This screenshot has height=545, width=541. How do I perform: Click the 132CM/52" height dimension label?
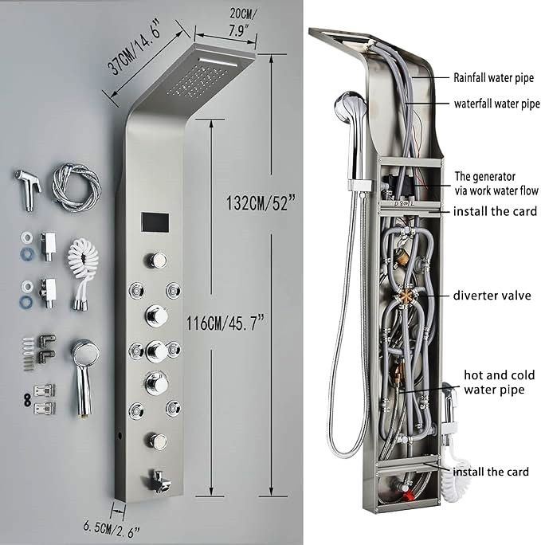click(261, 202)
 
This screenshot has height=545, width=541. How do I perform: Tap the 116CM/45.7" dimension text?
click(225, 323)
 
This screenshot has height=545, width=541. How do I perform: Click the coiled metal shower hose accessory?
click(76, 187)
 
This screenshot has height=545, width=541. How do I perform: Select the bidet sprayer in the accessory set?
click(28, 190)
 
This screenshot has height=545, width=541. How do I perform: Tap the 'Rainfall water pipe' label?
click(493, 77)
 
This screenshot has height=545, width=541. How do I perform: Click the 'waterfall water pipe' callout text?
click(497, 104)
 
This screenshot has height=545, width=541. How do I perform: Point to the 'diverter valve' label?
click(492, 296)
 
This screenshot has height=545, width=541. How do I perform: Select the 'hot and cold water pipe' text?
click(499, 382)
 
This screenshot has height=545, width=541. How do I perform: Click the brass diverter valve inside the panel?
click(405, 297)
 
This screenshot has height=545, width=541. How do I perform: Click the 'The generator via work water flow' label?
click(496, 183)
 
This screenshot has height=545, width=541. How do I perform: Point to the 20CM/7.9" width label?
click(243, 22)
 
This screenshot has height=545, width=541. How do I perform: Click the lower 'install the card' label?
click(491, 472)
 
